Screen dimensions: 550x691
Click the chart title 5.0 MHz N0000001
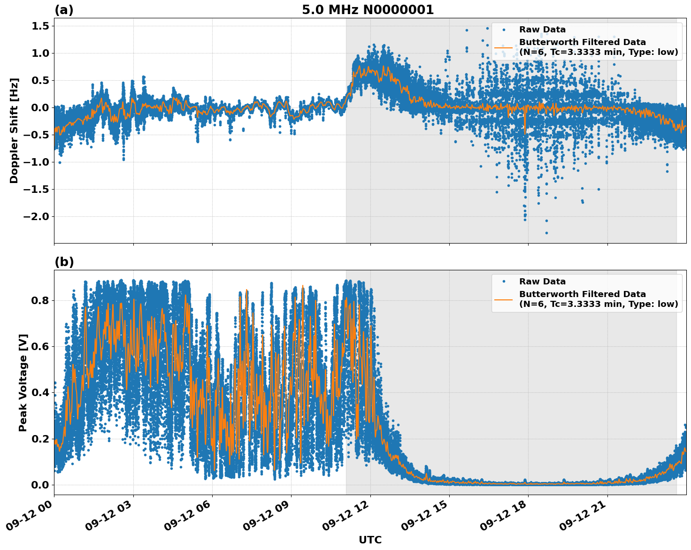click(368, 10)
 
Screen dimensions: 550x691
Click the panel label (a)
click(64, 10)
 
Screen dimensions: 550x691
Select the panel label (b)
click(64, 262)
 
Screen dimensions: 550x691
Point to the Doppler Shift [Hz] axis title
click(14, 130)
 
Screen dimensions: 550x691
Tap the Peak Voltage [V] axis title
click(23, 382)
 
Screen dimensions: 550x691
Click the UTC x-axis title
click(370, 540)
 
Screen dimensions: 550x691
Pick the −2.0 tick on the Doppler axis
click(37, 217)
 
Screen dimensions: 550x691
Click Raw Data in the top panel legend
click(542, 30)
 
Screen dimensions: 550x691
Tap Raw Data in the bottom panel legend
click(542, 282)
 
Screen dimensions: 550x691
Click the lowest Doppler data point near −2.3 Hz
click(546, 233)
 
